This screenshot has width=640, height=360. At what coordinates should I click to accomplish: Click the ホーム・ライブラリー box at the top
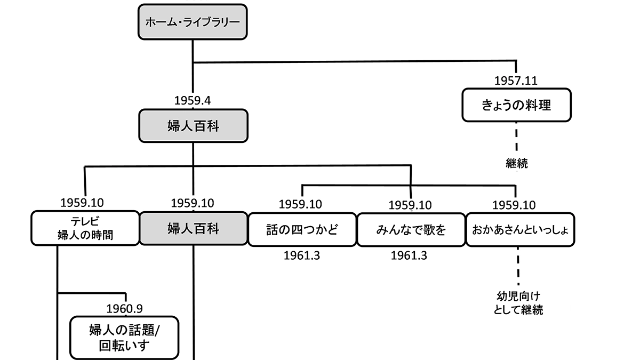[x=193, y=23]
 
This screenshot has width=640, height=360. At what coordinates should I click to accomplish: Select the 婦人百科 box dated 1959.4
[x=193, y=126]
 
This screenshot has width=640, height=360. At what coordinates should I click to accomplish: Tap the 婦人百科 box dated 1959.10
[x=193, y=229]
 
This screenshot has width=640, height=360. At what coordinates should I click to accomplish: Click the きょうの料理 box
[x=516, y=105]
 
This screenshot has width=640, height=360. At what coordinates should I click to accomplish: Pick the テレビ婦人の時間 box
[x=85, y=229]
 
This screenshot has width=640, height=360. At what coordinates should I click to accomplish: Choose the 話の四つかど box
[x=302, y=229]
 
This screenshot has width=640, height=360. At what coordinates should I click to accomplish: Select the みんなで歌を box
[x=410, y=229]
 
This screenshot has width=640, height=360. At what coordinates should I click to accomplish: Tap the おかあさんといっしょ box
[x=520, y=229]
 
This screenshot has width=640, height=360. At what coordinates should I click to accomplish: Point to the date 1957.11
[x=515, y=81]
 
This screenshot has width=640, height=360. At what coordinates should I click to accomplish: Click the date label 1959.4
[x=193, y=100]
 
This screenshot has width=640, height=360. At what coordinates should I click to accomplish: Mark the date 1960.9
[x=124, y=309]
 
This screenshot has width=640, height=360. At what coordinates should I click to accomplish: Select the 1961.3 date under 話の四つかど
[x=302, y=255]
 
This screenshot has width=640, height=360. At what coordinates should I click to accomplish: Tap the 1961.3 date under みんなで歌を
[x=409, y=255]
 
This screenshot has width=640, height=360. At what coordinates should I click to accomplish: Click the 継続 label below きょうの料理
[x=516, y=164]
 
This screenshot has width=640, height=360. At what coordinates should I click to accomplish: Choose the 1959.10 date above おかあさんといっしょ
[x=514, y=205]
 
